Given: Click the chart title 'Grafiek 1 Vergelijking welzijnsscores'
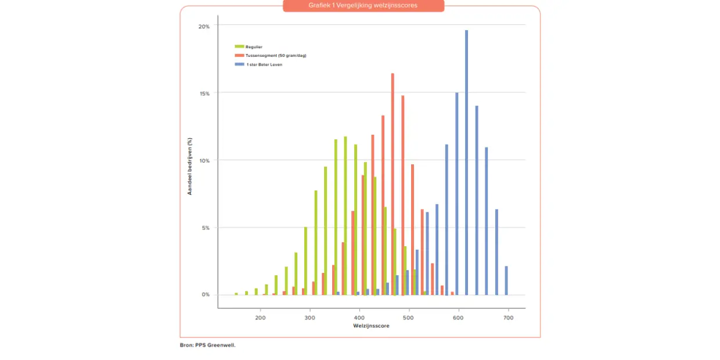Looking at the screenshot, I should tap(363, 5).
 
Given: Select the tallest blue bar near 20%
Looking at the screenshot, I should tap(466, 163).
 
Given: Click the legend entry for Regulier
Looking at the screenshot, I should tap(254, 46).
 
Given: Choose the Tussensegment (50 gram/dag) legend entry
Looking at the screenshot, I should tap(275, 55).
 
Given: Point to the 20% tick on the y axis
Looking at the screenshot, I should tap(204, 27).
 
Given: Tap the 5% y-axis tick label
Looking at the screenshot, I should tap(205, 228).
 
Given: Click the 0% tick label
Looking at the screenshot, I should tap(205, 295).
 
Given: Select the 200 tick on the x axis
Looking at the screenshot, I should tap(261, 319).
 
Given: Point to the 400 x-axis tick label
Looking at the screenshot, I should tap(359, 319).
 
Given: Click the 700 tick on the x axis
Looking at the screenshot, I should tap(508, 319).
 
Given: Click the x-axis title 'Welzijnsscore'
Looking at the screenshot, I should tap(371, 326).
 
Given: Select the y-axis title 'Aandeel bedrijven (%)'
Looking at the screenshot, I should tap(190, 166).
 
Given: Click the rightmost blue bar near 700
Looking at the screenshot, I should tap(506, 280).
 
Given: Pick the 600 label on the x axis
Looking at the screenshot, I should tap(459, 319).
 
